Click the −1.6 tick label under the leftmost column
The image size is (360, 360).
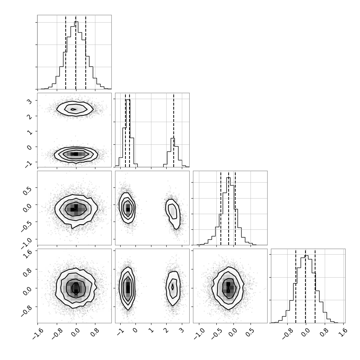(37, 333)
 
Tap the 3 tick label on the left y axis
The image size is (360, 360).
(30, 101)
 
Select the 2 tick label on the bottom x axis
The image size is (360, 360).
(166, 330)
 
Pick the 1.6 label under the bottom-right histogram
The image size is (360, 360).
(343, 332)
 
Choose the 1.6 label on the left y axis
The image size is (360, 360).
(27, 254)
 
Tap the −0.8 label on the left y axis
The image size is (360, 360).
(26, 311)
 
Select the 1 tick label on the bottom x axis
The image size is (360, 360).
(150, 330)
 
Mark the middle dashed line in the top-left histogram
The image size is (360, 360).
(76, 52)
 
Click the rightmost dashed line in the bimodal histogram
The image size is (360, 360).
(174, 130)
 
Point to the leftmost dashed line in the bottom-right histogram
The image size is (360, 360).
(296, 286)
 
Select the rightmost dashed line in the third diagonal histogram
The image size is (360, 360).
(235, 208)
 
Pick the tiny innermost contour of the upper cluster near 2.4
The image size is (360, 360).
(73, 109)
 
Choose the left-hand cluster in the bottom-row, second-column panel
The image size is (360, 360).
(127, 288)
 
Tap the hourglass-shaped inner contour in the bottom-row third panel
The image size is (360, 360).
(228, 287)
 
